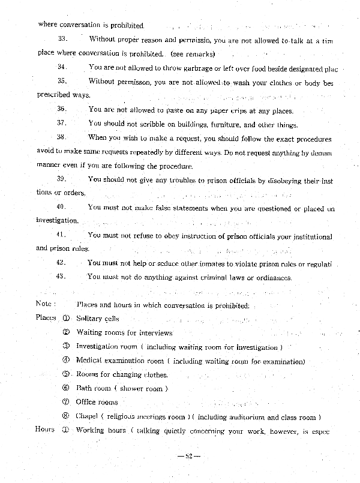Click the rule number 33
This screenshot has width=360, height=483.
coord(61,40)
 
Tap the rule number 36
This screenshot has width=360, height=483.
coord(61,109)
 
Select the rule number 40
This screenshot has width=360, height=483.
coord(61,208)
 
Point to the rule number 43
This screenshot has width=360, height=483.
coord(61,277)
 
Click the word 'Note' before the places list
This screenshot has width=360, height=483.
coord(46,304)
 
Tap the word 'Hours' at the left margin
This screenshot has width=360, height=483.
coord(45,430)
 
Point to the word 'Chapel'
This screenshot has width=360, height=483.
coord(86,416)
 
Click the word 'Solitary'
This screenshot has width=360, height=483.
coord(89,319)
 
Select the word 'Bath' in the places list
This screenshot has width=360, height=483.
coord(84,388)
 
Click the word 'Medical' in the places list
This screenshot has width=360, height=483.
coord(89,361)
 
